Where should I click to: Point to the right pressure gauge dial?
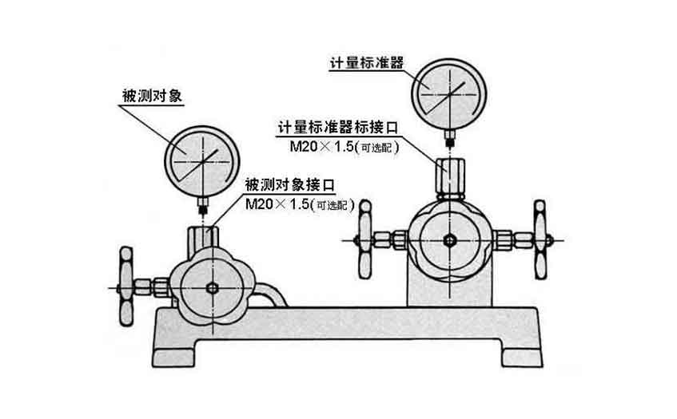click(x=448, y=94)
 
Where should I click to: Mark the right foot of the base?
click(x=520, y=351)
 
